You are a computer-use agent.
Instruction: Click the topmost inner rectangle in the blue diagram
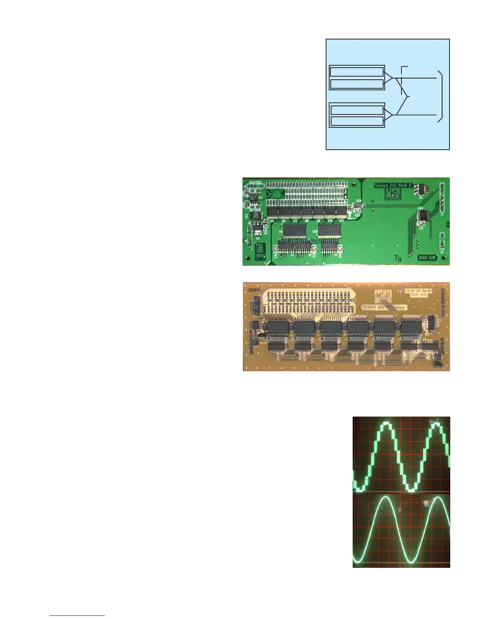(x=357, y=72)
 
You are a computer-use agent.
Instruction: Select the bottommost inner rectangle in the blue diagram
(x=357, y=121)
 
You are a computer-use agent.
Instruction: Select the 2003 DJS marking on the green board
(x=427, y=258)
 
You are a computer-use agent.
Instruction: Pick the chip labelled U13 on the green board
(x=329, y=231)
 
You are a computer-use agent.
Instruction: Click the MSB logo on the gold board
(x=383, y=296)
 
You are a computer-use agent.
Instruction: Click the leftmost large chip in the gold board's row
(x=278, y=327)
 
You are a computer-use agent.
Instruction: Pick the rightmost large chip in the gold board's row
(x=411, y=327)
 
